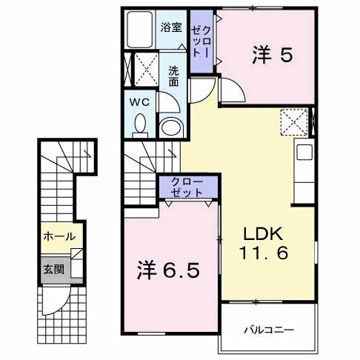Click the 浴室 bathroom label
click(171, 28)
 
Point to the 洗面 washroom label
click(173, 76)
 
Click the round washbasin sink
click(170, 126)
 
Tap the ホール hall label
click(59, 236)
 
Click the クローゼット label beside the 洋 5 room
click(200, 42)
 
